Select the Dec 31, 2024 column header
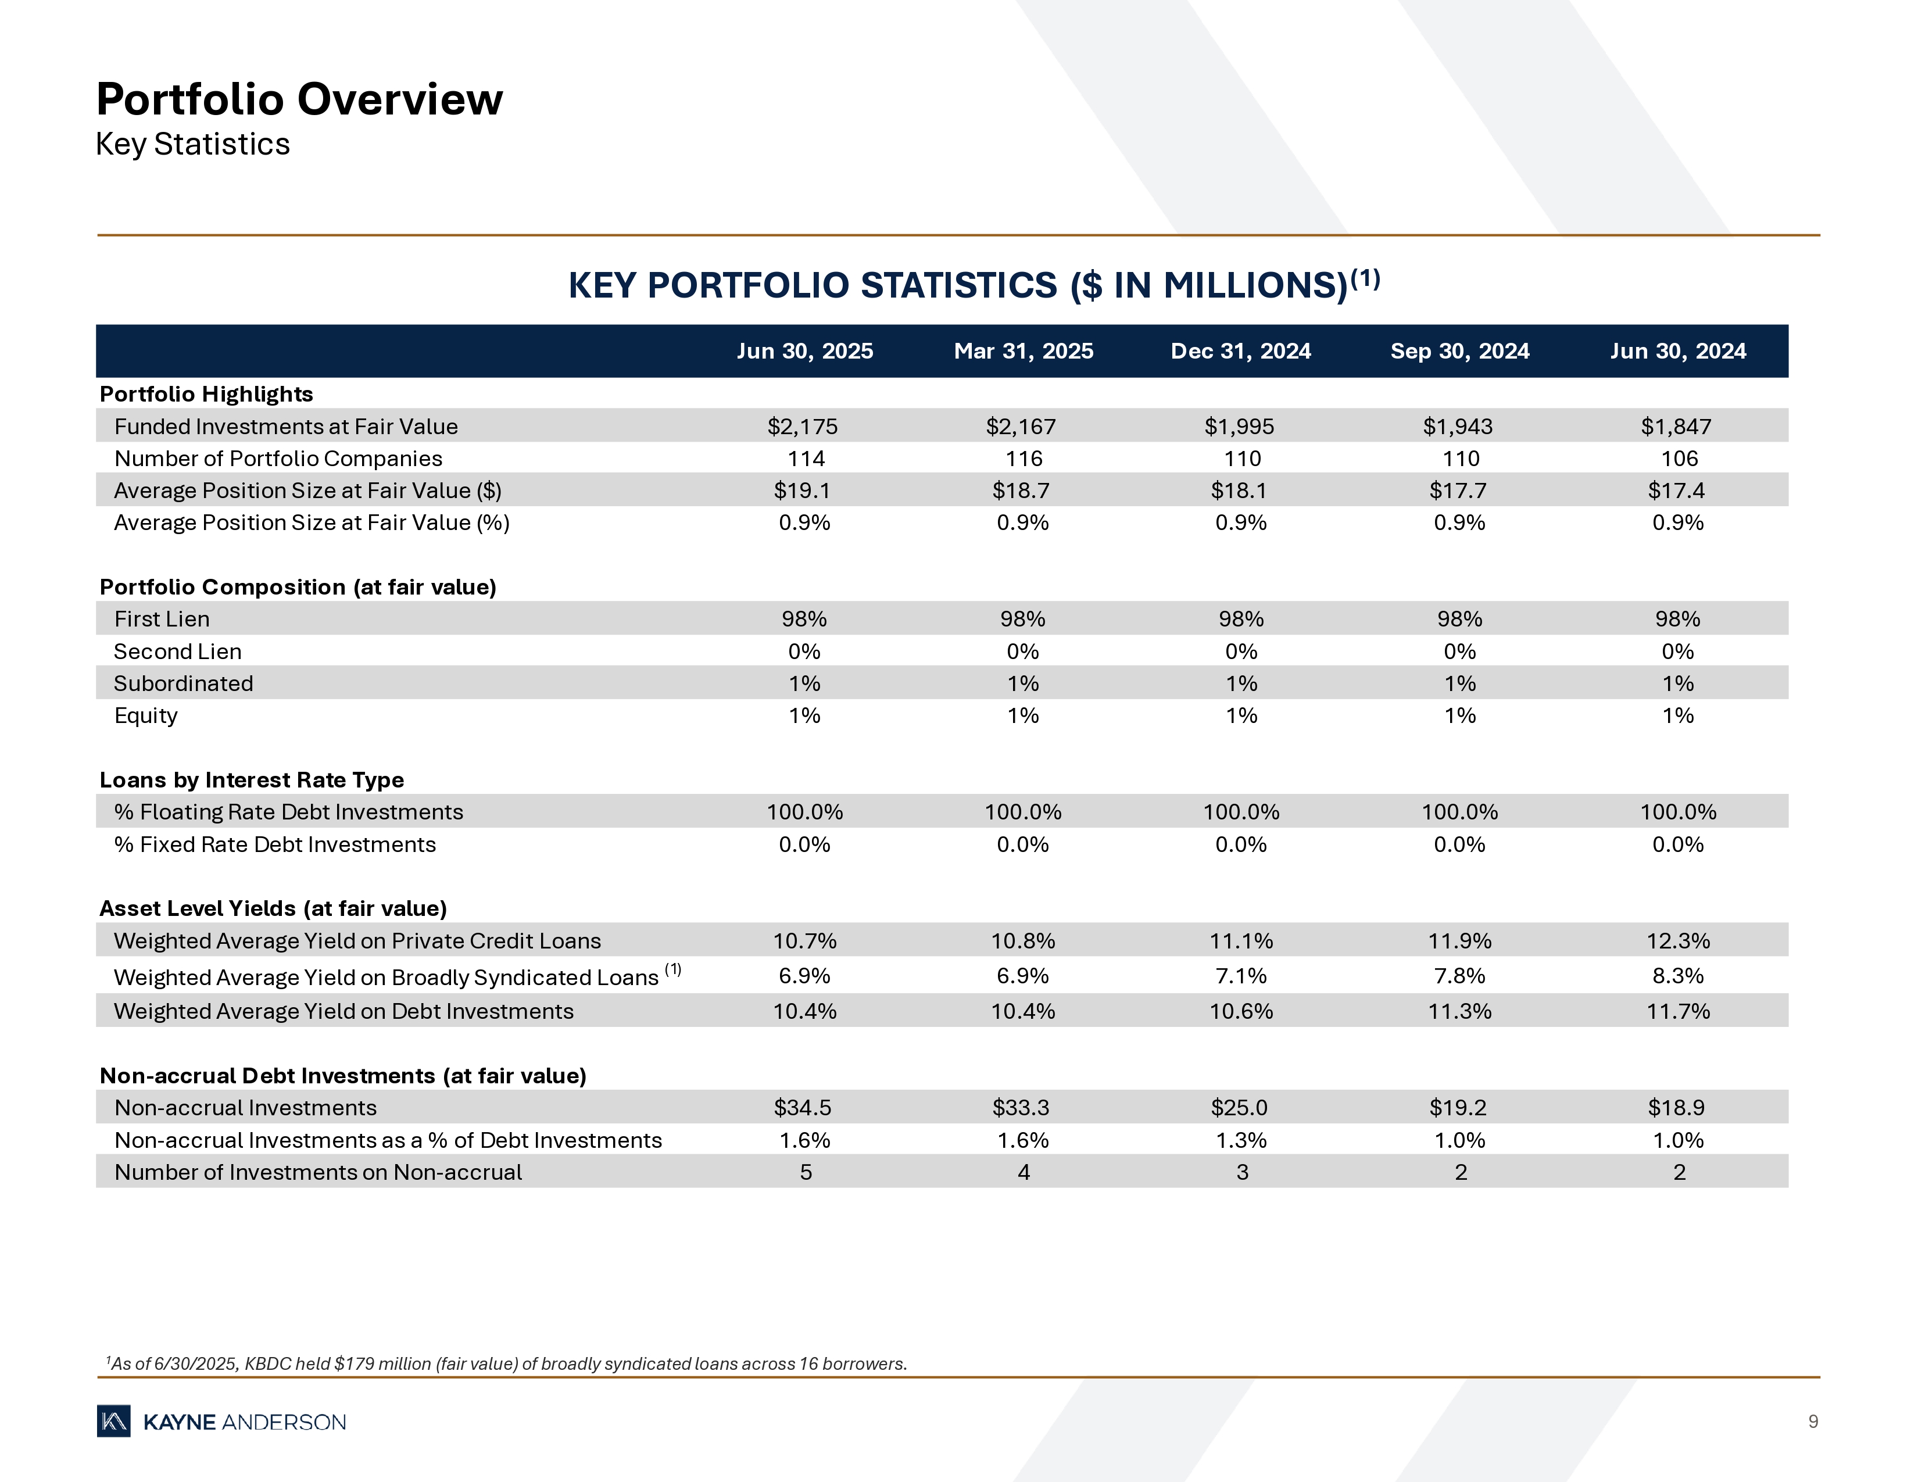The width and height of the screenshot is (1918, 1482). click(1240, 351)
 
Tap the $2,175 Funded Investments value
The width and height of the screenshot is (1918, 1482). click(803, 427)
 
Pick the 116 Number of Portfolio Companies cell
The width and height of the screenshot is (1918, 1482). click(1024, 459)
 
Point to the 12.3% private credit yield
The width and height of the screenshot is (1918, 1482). click(1677, 941)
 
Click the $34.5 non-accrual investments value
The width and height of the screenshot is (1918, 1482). click(803, 1108)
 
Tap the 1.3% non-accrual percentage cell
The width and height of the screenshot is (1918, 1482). click(1241, 1140)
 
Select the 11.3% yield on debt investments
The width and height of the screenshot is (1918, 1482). click(1459, 1011)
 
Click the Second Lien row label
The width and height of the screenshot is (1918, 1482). click(177, 651)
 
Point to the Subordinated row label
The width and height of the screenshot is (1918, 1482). click(184, 684)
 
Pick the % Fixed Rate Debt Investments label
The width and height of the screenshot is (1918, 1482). click(275, 844)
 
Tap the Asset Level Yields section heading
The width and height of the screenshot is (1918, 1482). click(273, 909)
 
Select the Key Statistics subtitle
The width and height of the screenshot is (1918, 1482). click(192, 144)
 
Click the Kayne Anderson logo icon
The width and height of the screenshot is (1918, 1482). click(114, 1422)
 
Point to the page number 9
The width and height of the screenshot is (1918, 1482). click(1813, 1422)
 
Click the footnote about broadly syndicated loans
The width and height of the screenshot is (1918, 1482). click(507, 1363)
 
